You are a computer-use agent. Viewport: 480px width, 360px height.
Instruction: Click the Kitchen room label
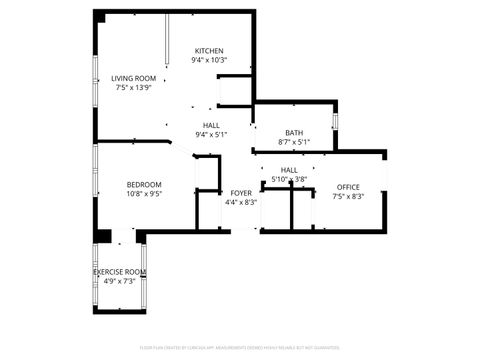pos(209,51)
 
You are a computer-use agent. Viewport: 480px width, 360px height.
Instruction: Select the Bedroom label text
pos(144,184)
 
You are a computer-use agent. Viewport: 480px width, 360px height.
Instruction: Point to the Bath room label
pos(294,133)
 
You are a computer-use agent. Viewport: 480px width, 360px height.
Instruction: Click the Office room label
pos(348,187)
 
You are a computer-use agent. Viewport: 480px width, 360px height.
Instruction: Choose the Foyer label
pos(241,192)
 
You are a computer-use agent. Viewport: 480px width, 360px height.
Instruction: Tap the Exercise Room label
pos(120,272)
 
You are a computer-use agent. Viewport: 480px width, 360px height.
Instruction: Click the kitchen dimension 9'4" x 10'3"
pos(209,60)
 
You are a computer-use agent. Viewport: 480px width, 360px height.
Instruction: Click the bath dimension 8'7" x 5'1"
pos(294,142)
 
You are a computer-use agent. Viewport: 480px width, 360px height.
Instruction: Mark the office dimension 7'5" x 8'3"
pos(348,196)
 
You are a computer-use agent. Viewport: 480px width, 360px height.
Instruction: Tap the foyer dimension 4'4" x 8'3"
pos(241,201)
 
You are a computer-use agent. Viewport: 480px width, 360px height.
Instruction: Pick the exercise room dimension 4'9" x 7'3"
pos(120,281)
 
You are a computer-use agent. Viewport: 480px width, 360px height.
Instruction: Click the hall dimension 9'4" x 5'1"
pos(211,134)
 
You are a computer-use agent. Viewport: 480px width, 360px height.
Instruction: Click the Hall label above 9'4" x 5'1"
pos(211,125)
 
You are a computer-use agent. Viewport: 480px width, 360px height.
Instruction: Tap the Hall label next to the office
pos(289,170)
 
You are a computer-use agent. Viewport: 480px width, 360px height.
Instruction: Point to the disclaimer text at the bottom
pos(240,347)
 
